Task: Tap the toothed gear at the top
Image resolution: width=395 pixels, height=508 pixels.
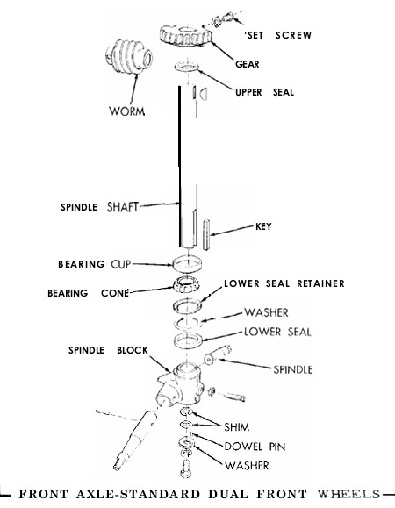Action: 186,35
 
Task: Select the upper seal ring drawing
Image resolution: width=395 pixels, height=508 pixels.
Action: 187,66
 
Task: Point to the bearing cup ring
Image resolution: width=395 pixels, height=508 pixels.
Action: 187,263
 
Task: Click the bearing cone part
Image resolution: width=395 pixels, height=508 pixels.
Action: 186,285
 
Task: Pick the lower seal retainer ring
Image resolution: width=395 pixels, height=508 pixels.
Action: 187,306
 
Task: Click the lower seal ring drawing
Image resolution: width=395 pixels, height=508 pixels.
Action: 188,341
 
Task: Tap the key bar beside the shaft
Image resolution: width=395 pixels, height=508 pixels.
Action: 206,235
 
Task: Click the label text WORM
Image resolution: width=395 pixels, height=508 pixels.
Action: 127,111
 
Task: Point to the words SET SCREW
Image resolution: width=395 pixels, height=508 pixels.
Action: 278,35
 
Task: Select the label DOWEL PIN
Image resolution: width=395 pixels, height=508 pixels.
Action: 255,447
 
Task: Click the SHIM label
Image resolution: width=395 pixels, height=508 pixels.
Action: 236,427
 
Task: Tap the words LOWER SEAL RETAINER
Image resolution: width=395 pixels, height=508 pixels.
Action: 284,283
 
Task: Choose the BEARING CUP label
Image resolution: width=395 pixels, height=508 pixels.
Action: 94,264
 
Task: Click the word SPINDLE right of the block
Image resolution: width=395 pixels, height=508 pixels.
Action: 293,369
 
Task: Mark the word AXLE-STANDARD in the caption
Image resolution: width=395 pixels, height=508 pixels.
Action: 138,494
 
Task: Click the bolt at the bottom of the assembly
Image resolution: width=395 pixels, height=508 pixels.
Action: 186,469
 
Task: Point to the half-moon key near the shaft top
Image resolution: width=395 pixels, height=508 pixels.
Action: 204,93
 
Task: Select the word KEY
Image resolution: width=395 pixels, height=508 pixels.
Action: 263,226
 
